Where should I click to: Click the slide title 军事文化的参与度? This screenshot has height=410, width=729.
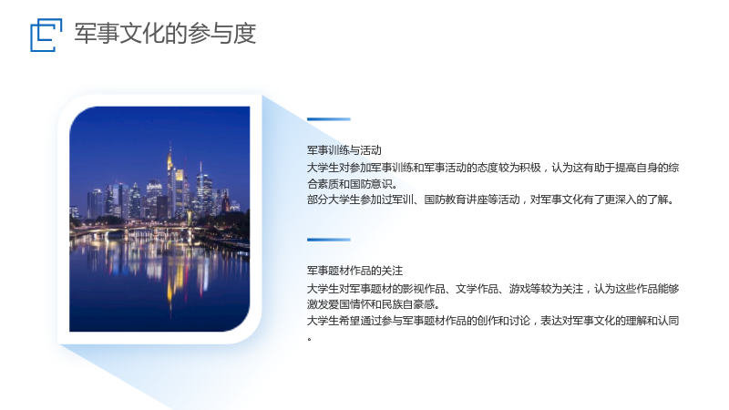point(165,34)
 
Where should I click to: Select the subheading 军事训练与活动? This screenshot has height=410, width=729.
point(344,150)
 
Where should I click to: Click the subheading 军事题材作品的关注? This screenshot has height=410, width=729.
point(354,271)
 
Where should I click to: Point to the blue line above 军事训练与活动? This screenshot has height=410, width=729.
point(329,119)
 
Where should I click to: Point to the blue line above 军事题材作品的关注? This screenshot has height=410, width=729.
point(329,240)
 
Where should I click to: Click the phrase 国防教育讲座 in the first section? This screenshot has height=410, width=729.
point(456,200)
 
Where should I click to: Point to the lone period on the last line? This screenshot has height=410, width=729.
point(309,339)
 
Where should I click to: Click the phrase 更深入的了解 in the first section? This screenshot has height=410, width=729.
point(642,200)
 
